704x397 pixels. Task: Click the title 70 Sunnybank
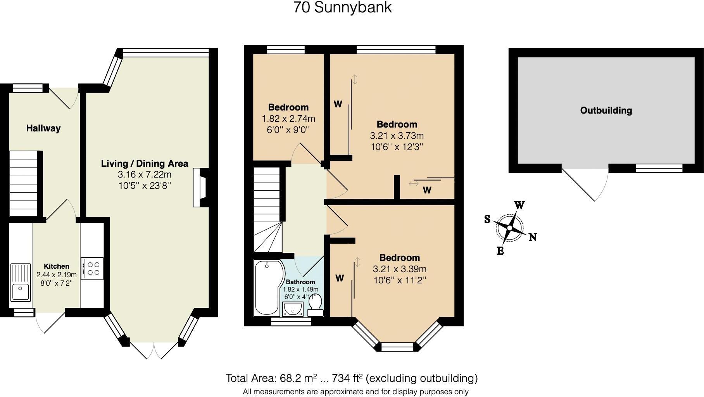click(x=343, y=7)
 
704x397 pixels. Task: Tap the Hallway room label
click(x=43, y=128)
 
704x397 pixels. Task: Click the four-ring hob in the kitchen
click(x=92, y=268)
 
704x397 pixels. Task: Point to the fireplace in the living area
click(x=201, y=187)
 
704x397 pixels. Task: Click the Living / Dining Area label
click(x=145, y=164)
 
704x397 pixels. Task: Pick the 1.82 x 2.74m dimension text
click(x=289, y=119)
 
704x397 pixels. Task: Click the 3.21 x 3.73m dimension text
click(x=397, y=136)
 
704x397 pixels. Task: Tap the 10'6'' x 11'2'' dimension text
click(x=400, y=280)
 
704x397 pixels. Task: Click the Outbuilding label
click(x=606, y=110)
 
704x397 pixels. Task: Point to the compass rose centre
click(x=509, y=228)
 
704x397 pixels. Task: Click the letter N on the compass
click(x=533, y=237)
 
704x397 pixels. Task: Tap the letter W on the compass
click(x=519, y=205)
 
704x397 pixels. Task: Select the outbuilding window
click(x=659, y=168)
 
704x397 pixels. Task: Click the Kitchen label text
click(x=57, y=266)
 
